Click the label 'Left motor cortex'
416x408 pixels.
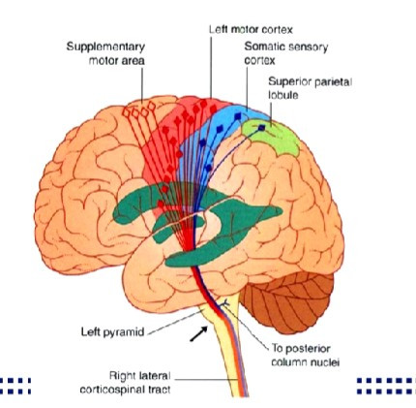[251, 30]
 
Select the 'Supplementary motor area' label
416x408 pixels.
[105, 53]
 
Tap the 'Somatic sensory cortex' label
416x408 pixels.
[286, 53]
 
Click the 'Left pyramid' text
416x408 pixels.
[112, 332]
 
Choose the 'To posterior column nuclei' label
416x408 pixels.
[305, 356]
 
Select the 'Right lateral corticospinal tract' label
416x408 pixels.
[125, 383]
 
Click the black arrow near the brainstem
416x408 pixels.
[198, 333]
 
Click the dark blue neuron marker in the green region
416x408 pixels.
[261, 128]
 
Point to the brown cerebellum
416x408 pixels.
[287, 300]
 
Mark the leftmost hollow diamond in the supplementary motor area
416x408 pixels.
[127, 112]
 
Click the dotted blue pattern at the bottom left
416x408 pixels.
[15, 386]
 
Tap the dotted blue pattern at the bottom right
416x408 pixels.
[386, 386]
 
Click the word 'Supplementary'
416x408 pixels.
[105, 47]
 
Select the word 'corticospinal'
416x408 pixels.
[108, 390]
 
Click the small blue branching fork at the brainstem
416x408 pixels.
[225, 303]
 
